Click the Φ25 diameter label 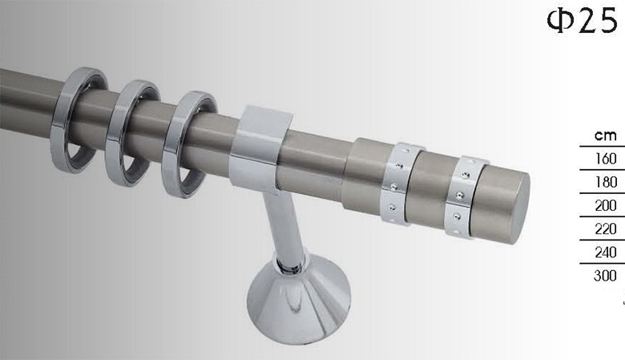coord(582,21)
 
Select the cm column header coord(605,136)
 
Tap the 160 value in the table coord(606,159)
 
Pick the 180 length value coord(606,182)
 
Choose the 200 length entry coord(606,205)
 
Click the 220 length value coord(606,229)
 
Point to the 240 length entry coord(606,252)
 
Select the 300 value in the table coord(606,276)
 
